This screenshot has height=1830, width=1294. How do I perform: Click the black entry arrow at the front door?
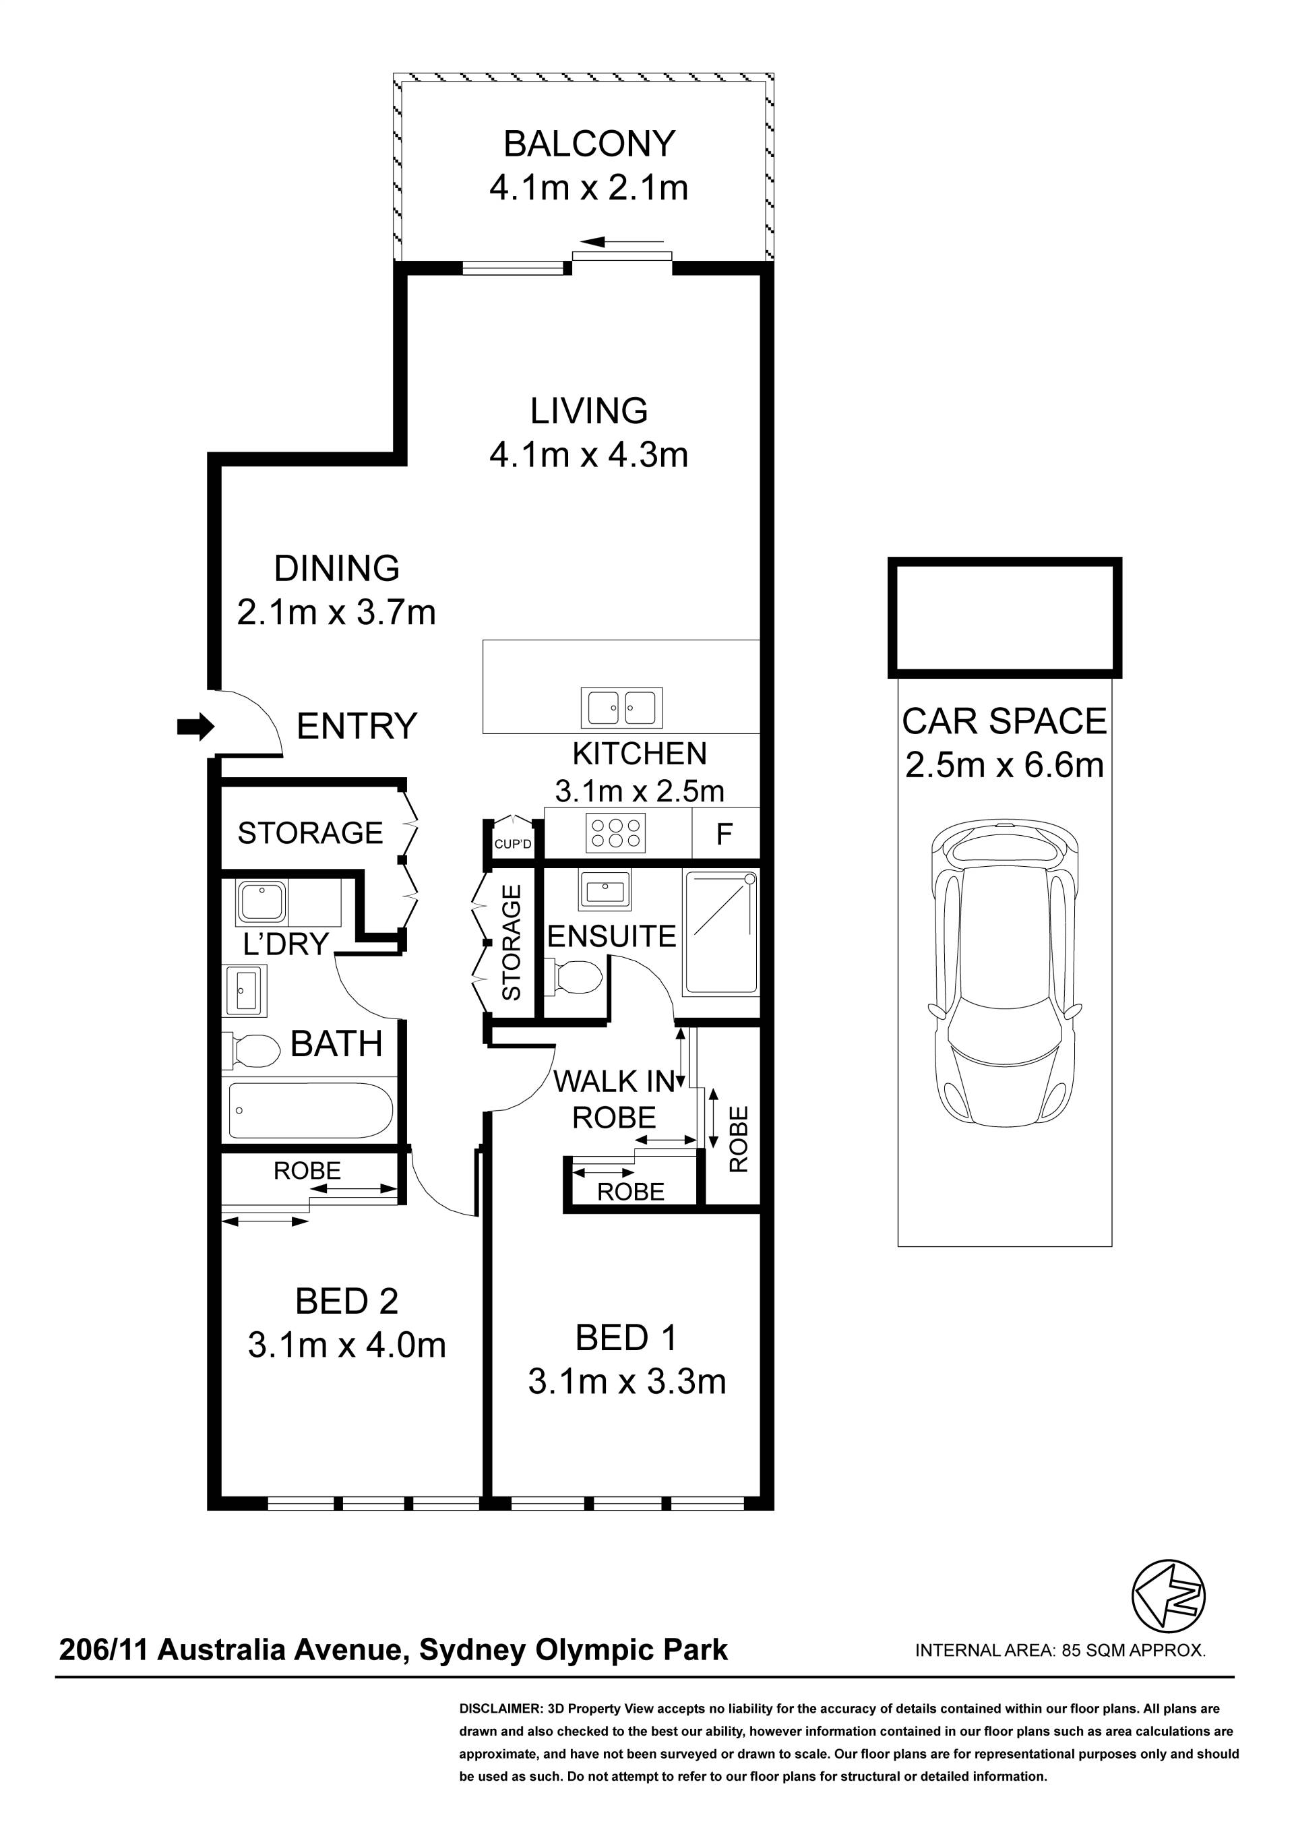coord(195,726)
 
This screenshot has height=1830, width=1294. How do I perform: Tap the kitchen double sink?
coord(621,707)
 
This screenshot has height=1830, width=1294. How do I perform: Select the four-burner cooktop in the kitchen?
coord(615,832)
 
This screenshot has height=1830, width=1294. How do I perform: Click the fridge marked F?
coord(725,834)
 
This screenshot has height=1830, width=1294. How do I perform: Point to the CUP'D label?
coord(512,844)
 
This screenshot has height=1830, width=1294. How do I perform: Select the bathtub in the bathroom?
coord(311,1110)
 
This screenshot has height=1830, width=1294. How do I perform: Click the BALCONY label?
coord(589,144)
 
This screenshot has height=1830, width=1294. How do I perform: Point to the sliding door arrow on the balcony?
coord(621,241)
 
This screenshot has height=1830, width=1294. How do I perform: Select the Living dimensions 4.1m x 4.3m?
coord(589,454)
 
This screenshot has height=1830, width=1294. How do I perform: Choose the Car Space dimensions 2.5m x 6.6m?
coord(1005,765)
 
